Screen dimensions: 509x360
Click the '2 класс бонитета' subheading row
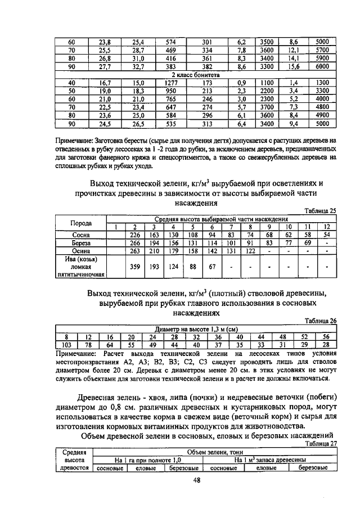point(195,74)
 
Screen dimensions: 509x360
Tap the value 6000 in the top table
point(322,66)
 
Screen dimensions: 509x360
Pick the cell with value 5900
point(322,57)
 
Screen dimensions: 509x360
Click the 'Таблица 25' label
point(320,210)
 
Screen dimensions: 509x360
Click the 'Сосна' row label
point(81,235)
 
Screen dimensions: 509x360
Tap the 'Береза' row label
point(81,243)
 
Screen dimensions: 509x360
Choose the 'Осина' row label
point(81,251)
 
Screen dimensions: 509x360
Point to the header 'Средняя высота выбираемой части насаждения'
point(221,218)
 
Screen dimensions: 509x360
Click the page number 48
point(195,480)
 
